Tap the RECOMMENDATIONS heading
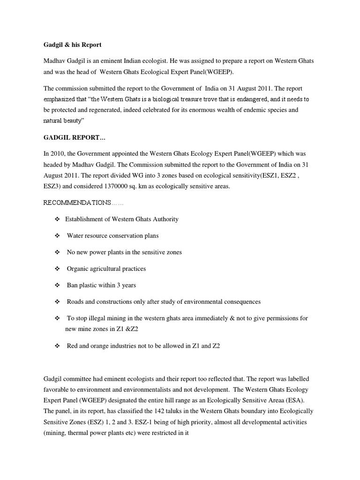click(77, 202)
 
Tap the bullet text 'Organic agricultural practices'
click(106, 269)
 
